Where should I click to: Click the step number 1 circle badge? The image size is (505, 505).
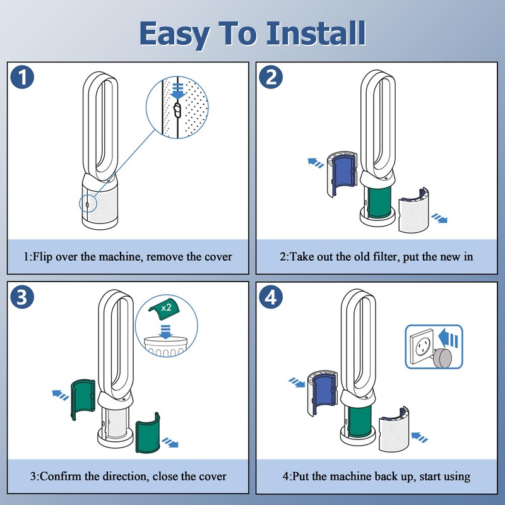tap(23, 79)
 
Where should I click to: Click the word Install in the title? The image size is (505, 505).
tap(315, 33)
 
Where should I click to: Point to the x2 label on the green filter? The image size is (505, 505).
tap(167, 307)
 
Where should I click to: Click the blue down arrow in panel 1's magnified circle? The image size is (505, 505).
tap(177, 92)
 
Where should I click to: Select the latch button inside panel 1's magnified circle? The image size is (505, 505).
tap(177, 111)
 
